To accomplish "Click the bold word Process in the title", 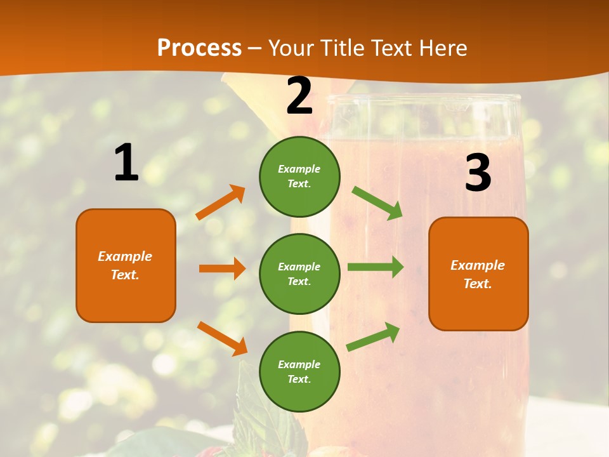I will coord(199,48).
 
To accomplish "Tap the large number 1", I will coord(126,162).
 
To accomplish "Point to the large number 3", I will coord(478,173).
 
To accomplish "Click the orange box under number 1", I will coord(126,265).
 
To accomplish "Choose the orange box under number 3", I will coord(478,274).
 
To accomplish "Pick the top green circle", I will coord(299,176).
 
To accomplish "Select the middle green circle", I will coord(299,274).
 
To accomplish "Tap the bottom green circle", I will coord(299,371).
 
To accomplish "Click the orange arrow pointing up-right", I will coord(221,202).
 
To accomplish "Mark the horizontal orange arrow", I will coord(222,268).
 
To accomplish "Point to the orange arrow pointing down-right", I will coord(222,338).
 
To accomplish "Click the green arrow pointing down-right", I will coord(377,203).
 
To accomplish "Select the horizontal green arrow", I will coord(375,267).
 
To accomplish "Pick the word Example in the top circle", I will coord(299,169).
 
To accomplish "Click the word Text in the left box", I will coord(124,275).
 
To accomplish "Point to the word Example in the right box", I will coord(478,265).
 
